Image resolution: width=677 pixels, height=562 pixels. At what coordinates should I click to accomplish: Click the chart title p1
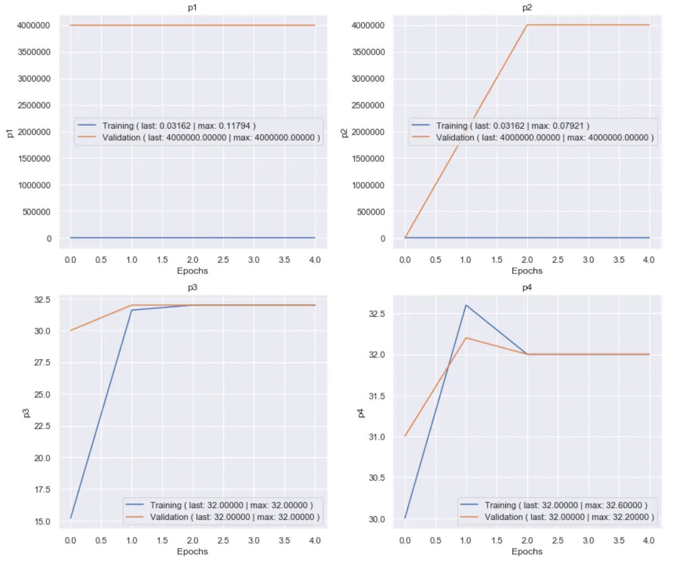click(x=192, y=8)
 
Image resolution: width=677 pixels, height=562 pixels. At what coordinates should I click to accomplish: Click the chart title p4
click(x=527, y=288)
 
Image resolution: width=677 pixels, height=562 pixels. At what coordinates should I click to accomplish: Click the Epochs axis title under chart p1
click(x=192, y=271)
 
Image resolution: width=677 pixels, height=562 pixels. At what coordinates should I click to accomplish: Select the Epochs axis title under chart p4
click(x=527, y=551)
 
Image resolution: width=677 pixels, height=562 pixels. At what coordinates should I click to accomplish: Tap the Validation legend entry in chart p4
click(x=557, y=517)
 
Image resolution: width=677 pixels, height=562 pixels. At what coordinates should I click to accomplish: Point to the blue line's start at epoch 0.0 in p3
click(x=71, y=517)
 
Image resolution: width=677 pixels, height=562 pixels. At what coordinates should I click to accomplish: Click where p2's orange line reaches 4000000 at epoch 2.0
click(x=527, y=25)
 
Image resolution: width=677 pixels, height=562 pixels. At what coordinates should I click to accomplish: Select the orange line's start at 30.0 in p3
click(x=71, y=331)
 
